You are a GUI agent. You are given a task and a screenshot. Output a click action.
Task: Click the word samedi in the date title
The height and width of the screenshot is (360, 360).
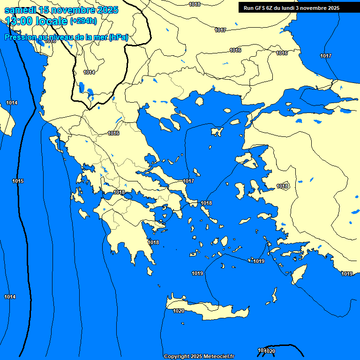click(20, 10)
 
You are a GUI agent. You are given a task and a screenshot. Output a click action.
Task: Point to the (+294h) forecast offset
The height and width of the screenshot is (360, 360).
click(83, 21)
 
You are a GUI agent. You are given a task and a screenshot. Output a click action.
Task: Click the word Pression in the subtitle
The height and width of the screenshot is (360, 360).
click(22, 37)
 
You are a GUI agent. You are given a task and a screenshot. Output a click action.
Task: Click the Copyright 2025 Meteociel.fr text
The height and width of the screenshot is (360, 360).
click(199, 356)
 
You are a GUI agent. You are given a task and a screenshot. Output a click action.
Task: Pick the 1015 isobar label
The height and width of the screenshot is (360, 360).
click(18, 181)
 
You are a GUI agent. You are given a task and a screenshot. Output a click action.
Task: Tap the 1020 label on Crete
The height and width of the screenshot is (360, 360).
click(179, 311)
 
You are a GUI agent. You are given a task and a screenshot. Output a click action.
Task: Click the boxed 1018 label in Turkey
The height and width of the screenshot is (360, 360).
click(283, 186)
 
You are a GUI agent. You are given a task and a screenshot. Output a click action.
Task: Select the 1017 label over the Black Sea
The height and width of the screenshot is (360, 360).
click(326, 56)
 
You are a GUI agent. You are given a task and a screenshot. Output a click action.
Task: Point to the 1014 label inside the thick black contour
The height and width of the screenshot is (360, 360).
click(89, 72)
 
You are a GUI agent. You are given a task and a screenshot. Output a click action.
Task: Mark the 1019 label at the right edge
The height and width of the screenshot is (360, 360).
click(347, 274)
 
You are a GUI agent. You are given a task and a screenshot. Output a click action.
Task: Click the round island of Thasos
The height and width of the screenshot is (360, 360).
click(199, 101)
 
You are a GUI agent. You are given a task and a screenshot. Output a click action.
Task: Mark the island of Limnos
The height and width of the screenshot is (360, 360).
click(217, 132)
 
